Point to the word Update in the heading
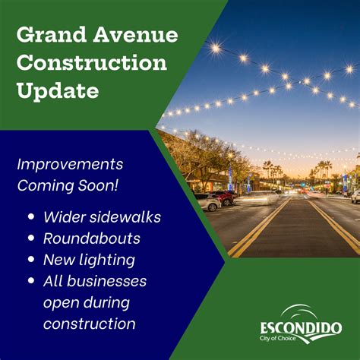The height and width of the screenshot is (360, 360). (58, 92)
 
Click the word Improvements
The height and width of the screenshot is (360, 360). (70, 164)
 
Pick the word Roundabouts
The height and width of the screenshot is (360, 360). (91, 239)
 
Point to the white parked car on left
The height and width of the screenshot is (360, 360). (207, 201)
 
